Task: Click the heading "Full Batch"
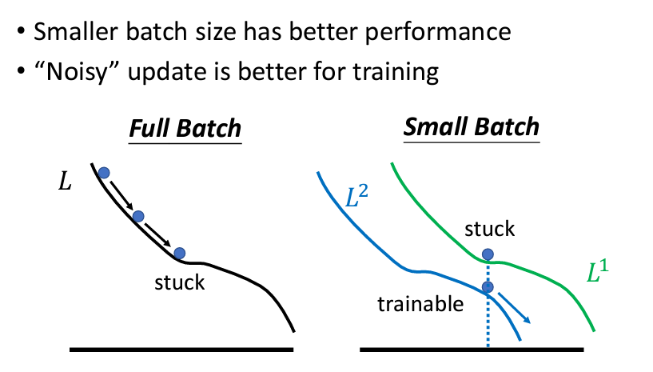(185, 128)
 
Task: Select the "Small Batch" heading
(472, 126)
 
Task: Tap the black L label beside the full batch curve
(65, 182)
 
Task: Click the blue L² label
(357, 196)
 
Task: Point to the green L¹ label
(598, 271)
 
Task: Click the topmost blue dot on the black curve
(104, 173)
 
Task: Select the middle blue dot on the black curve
(138, 217)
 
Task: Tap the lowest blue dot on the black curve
(180, 253)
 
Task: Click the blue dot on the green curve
(488, 254)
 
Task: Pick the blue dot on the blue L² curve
(488, 287)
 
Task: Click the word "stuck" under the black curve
(180, 282)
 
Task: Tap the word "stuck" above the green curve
(490, 229)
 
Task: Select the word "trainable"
(420, 304)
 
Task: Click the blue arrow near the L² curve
(514, 308)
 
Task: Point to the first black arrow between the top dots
(121, 195)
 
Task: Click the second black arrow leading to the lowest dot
(157, 234)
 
